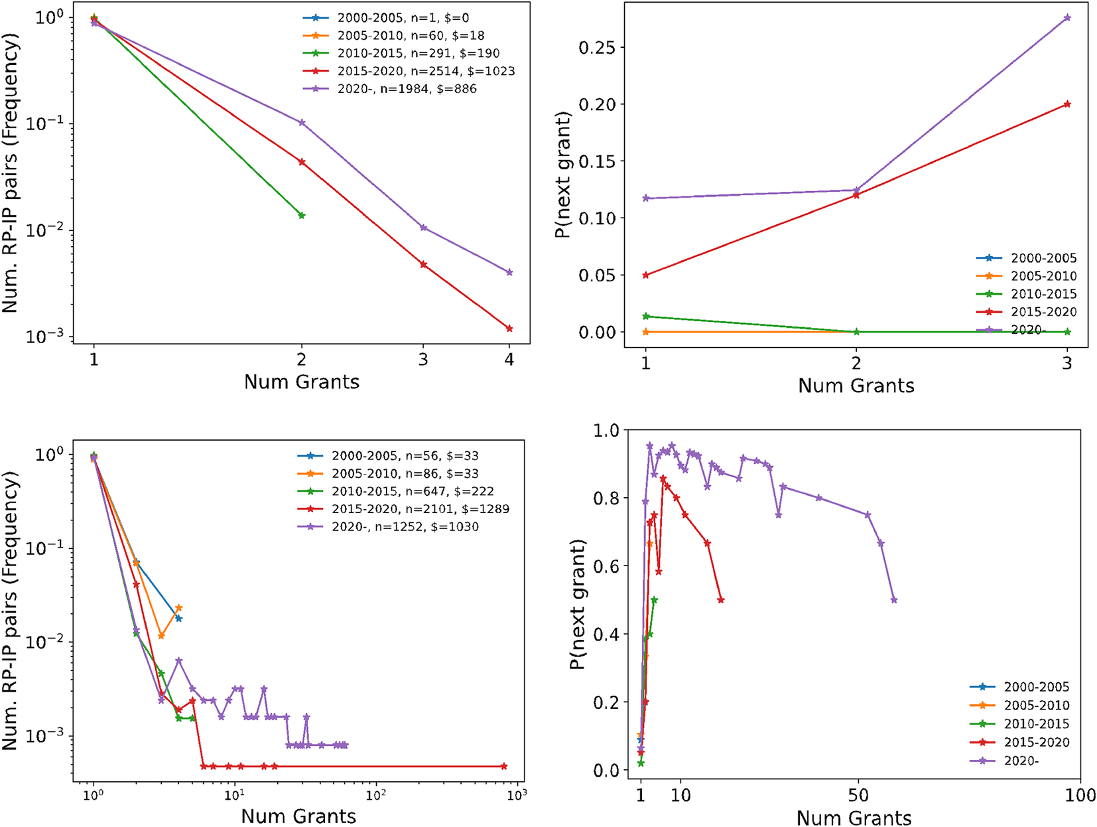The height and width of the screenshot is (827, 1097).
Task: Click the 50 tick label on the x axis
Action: coord(858,794)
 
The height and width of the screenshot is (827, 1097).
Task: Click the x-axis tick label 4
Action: coord(509,360)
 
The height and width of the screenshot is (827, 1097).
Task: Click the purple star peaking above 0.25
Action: coord(1067,18)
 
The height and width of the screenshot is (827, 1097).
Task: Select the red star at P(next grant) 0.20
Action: coord(1067,104)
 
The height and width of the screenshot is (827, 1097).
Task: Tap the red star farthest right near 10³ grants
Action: coord(504,767)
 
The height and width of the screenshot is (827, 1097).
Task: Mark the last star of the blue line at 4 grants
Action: coord(178,619)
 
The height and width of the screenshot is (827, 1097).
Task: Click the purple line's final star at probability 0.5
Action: coord(894,600)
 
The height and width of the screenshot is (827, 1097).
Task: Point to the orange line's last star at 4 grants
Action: coord(178,608)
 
